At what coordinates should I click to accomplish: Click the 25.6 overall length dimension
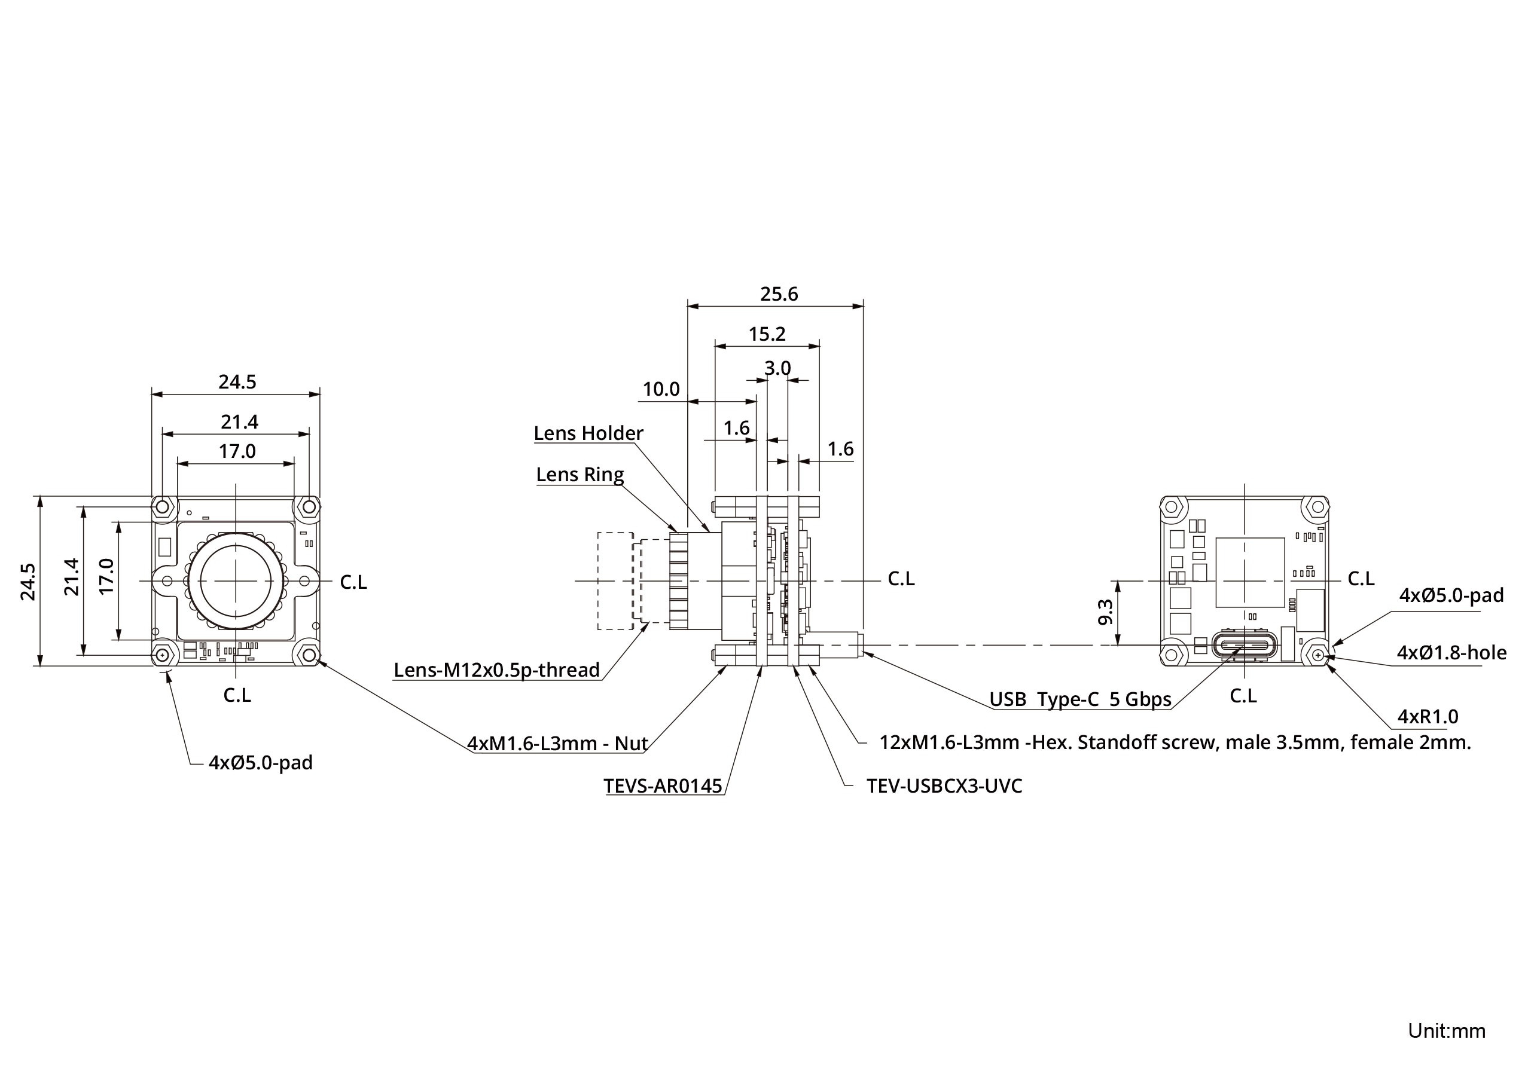[x=778, y=294]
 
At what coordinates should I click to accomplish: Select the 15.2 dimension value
[x=766, y=334]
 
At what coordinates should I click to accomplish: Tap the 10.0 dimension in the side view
[x=660, y=389]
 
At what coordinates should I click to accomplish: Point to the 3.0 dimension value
[x=777, y=368]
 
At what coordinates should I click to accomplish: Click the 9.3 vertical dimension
[x=1105, y=612]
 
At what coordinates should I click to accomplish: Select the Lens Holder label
[x=588, y=433]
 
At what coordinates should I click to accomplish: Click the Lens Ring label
[x=580, y=475]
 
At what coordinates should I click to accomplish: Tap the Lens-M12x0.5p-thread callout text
[x=496, y=670]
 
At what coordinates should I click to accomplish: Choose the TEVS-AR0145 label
[x=663, y=787]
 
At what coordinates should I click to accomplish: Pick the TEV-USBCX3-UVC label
[x=944, y=786]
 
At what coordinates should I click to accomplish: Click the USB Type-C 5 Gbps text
[x=1079, y=699]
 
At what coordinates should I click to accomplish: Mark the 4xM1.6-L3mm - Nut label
[x=557, y=742]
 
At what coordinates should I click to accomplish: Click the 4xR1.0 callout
[x=1427, y=717]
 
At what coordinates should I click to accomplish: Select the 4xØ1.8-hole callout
[x=1451, y=653]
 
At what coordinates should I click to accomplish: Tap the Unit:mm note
[x=1445, y=1031]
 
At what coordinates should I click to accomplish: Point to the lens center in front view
[x=236, y=581]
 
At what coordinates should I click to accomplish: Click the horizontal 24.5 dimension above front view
[x=237, y=382]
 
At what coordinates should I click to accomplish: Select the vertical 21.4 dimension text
[x=71, y=577]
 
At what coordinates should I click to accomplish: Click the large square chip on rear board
[x=1249, y=572]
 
